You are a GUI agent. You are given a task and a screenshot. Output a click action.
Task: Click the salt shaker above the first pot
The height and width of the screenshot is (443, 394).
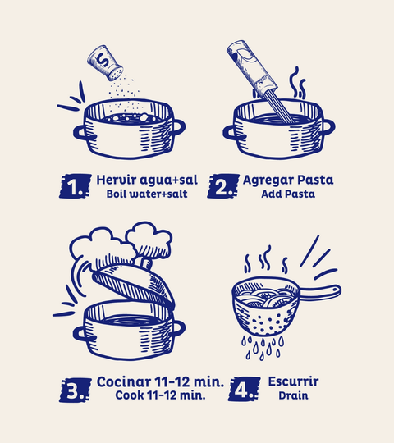pos(105,62)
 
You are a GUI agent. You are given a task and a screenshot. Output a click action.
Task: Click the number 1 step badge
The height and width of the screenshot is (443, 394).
pos(76,186)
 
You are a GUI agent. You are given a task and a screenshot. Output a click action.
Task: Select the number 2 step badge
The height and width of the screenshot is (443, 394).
pos(223,186)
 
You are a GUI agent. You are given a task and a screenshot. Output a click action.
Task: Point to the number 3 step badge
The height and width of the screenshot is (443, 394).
pos(76,390)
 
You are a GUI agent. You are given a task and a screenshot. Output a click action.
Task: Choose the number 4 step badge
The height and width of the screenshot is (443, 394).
pos(245,389)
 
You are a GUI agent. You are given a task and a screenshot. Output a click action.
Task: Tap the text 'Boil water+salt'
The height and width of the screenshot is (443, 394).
pos(147,194)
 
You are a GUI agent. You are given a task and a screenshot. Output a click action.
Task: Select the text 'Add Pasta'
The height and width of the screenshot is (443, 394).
pos(288,194)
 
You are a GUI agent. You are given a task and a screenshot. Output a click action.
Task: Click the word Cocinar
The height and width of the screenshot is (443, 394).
pos(124,381)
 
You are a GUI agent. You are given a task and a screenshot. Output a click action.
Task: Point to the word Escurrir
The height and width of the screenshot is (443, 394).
pos(293,381)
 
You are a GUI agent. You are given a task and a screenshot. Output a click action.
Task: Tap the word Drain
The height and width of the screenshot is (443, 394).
pos(293,395)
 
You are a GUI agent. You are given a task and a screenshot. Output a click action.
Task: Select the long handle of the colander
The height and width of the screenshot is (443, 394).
pos(319,292)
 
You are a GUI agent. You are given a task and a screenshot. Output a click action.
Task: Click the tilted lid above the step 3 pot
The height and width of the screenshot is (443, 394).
pos(134,285)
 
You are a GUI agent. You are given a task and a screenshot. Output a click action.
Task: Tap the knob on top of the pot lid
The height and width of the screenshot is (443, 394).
pos(146,263)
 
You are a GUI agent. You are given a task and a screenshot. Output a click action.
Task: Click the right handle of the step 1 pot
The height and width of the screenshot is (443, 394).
pos(178,127)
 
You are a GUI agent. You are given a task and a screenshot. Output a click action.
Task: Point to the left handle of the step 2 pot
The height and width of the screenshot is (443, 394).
pos(231,133)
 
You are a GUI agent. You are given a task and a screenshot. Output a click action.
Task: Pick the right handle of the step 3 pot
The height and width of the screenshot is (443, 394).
pos(178,328)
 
